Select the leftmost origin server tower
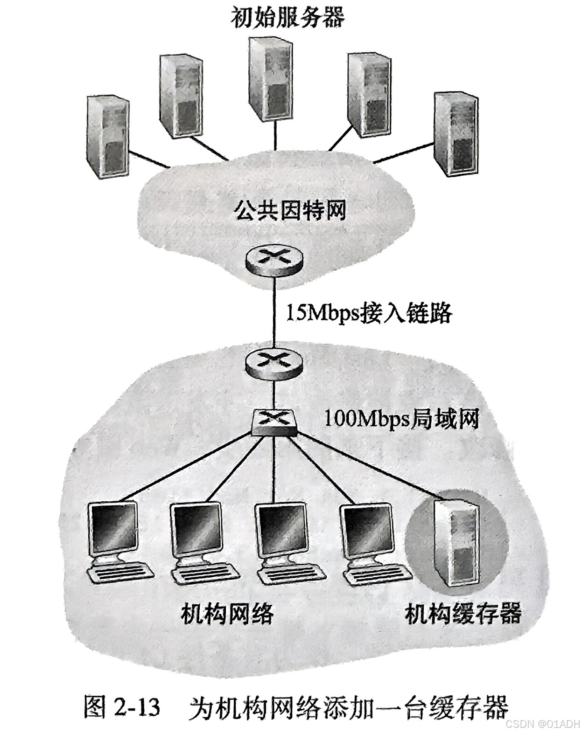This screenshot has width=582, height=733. [x=108, y=137]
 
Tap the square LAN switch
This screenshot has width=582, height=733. [x=274, y=422]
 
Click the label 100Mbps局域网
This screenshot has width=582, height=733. [x=401, y=419]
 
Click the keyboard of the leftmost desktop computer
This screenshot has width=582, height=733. [x=121, y=572]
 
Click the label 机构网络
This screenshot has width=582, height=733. [x=227, y=613]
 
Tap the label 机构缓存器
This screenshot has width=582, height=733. [x=463, y=613]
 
